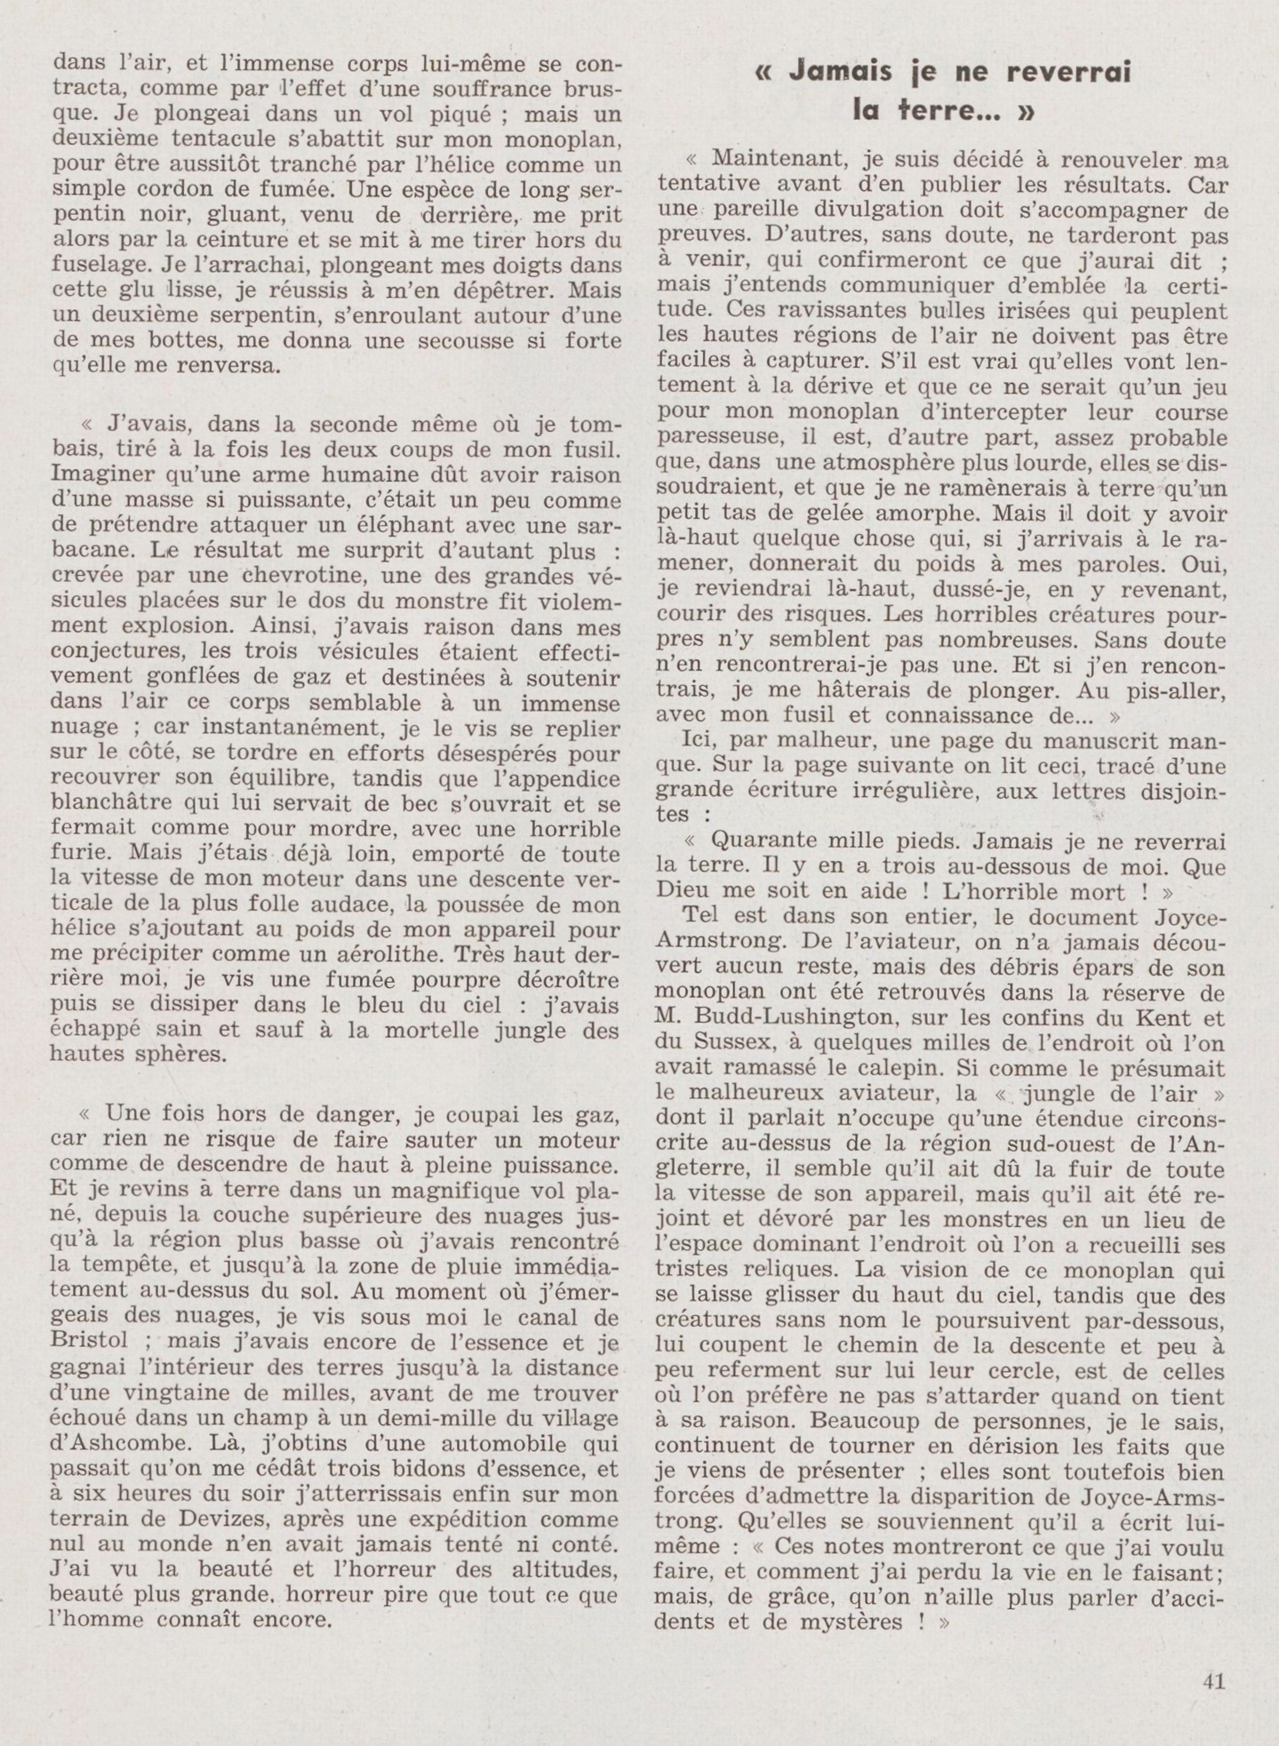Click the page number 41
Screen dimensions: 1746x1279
point(1213,1682)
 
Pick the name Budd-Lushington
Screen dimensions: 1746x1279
point(778,1018)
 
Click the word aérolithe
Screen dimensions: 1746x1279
point(372,954)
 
